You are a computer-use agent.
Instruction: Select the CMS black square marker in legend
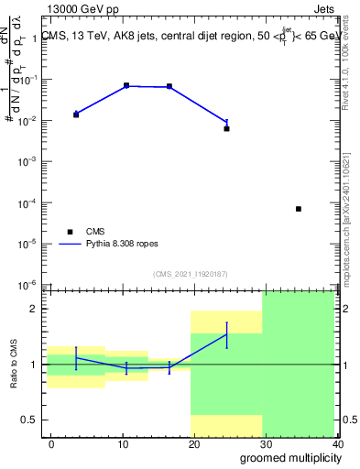pos(69,232)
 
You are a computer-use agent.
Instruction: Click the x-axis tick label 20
pos(192,443)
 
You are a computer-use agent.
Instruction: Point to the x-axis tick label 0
pos(50,443)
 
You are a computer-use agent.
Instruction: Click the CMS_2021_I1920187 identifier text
pos(191,273)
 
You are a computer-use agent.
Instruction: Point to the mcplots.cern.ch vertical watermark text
pos(351,220)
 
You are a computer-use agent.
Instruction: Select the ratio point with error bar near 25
pos(226,334)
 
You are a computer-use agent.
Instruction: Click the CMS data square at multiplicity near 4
pos(76,115)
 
